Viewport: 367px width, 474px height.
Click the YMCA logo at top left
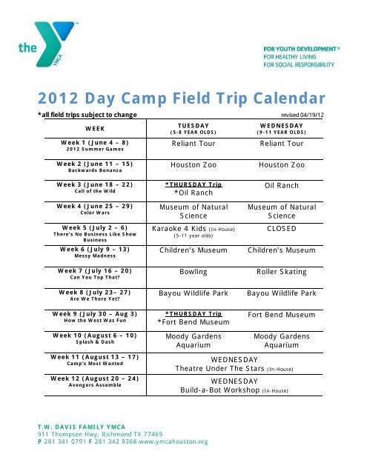47,44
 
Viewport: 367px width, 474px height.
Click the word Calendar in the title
289,99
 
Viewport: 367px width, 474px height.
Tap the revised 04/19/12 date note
302,116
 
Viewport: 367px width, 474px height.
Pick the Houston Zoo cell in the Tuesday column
194,164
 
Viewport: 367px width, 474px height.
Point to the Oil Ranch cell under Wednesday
282,185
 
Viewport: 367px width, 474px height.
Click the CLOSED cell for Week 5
282,229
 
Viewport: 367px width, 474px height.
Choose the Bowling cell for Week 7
194,272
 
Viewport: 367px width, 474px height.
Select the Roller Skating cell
282,272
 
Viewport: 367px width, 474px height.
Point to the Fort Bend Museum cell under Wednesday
282,315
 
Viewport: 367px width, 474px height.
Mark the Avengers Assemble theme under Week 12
95,385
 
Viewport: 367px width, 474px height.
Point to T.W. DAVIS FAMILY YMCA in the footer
82,427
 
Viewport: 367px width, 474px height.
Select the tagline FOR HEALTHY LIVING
290,57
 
